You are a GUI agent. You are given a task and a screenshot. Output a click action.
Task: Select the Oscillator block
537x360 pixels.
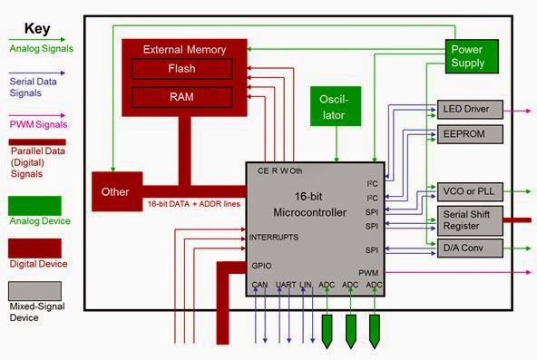click(x=337, y=106)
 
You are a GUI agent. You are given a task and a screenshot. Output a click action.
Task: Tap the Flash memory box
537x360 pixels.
click(x=181, y=69)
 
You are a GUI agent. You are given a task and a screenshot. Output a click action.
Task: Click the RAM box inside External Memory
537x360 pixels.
click(x=181, y=96)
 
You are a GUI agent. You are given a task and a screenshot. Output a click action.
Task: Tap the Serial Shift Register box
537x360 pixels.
click(x=468, y=219)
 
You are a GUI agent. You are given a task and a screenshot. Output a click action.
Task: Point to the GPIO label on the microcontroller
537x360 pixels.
click(x=262, y=266)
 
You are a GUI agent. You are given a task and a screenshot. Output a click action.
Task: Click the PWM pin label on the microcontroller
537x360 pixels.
click(x=367, y=272)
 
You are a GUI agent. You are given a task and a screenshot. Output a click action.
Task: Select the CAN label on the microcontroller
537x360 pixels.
click(x=261, y=286)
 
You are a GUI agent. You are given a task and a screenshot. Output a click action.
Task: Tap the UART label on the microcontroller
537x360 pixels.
click(x=287, y=286)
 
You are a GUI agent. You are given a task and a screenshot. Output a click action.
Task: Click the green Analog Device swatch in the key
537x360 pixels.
click(x=34, y=205)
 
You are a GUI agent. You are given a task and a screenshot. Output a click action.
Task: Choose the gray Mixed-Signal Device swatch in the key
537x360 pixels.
click(x=34, y=290)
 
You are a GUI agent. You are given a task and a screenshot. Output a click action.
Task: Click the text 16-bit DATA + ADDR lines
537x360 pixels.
click(x=193, y=204)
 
